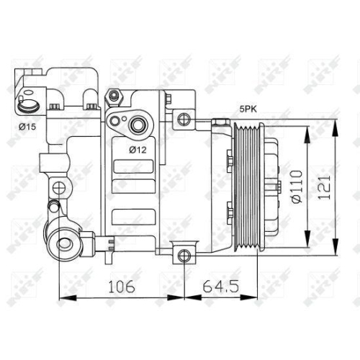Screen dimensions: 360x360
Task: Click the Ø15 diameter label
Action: coord(27,127)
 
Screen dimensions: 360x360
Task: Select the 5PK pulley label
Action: coord(248,109)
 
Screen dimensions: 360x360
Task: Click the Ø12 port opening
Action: coord(138,125)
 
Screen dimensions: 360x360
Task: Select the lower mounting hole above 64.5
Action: coord(184,253)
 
